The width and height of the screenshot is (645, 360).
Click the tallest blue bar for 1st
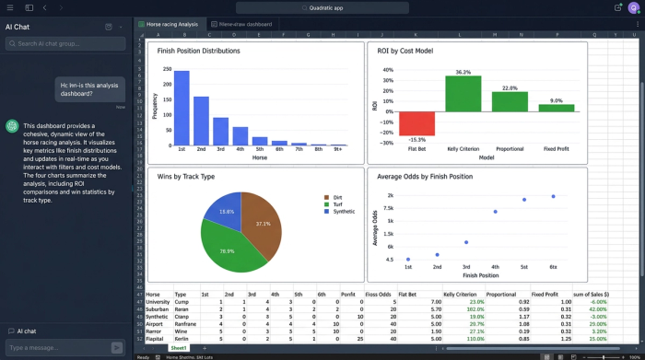pyautogui.click(x=182, y=110)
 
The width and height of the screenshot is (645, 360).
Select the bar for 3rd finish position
pyautogui.click(x=221, y=133)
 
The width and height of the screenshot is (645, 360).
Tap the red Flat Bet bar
pyautogui.click(x=416, y=123)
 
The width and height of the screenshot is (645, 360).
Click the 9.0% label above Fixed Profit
pyautogui.click(x=556, y=100)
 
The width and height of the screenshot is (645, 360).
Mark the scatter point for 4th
pyautogui.click(x=495, y=212)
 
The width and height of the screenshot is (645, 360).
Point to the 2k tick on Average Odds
pyautogui.click(x=390, y=195)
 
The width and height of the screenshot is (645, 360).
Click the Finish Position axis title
pyautogui.click(x=480, y=275)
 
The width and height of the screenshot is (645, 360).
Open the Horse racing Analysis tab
pyautogui.click(x=172, y=24)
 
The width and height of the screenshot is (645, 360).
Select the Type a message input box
pyautogui.click(x=57, y=347)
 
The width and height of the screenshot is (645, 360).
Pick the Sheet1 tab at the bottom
pyautogui.click(x=179, y=348)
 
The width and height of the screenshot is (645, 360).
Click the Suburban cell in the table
pyautogui.click(x=158, y=308)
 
